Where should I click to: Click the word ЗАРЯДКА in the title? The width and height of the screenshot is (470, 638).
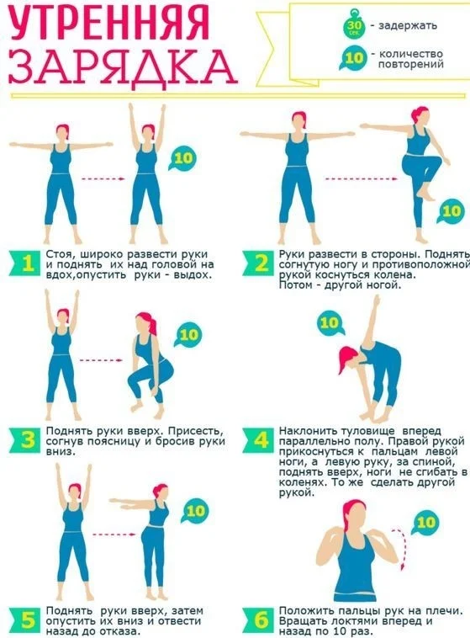coord(122,66)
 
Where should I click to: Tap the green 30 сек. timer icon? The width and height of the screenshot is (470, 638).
coord(354,27)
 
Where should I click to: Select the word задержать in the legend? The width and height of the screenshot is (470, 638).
coord(408,25)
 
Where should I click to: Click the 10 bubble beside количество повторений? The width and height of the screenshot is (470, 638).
coord(352,58)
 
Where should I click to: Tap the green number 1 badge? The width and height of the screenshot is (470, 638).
coord(25,263)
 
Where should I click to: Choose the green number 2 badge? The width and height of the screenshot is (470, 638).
coord(258,263)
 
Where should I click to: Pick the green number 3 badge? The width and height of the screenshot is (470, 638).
coord(25,440)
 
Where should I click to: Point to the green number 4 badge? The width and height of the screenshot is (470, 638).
coord(258,440)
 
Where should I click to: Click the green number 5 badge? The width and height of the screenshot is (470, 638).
coord(25,620)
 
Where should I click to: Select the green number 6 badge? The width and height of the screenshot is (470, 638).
coord(258,620)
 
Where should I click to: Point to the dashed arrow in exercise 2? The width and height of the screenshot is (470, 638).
coord(361,178)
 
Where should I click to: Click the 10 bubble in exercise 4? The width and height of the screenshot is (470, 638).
coord(330,323)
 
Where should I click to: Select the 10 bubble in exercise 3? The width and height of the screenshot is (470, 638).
coord(187,334)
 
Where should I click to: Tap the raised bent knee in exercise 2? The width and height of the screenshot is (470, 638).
coord(436,160)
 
